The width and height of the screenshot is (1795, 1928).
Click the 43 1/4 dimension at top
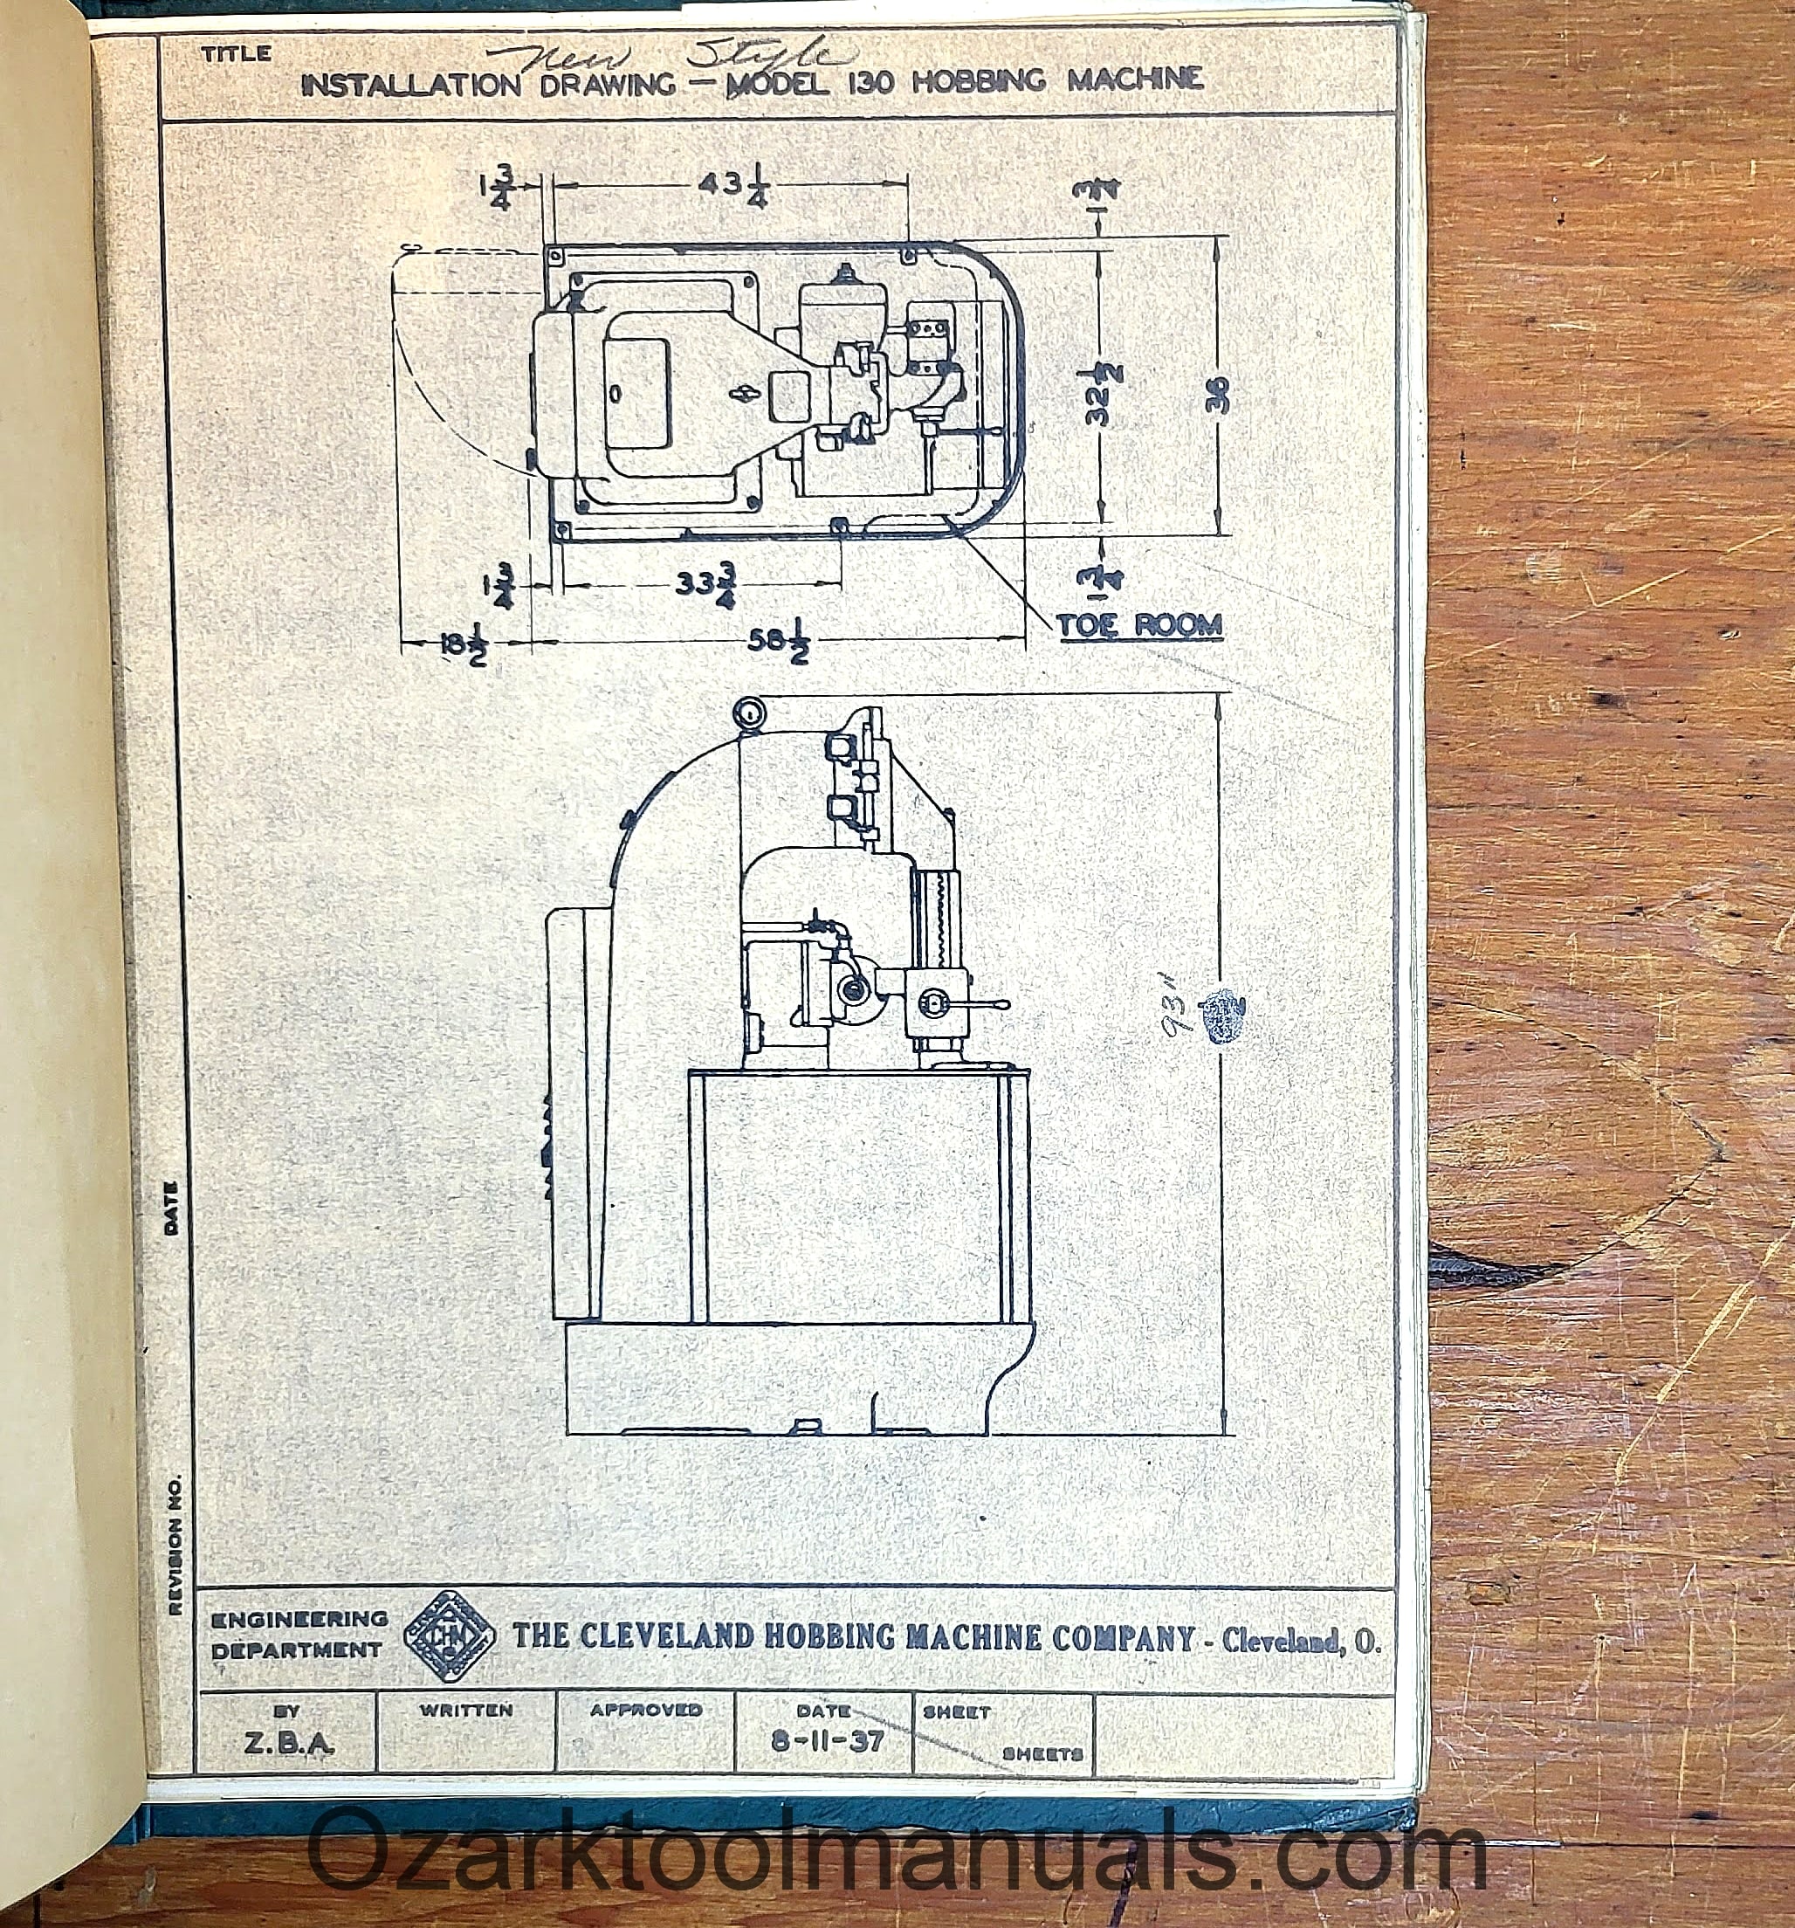tap(732, 185)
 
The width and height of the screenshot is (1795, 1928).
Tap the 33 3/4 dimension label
tap(706, 585)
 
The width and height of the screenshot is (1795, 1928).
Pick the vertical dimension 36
tap(1218, 394)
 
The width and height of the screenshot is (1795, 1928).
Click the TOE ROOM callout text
tap(1138, 625)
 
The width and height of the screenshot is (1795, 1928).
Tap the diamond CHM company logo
tap(448, 1636)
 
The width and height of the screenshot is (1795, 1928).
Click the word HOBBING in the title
tap(979, 81)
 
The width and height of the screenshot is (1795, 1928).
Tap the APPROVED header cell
tap(646, 1710)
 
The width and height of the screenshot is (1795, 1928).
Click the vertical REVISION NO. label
tap(175, 1546)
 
